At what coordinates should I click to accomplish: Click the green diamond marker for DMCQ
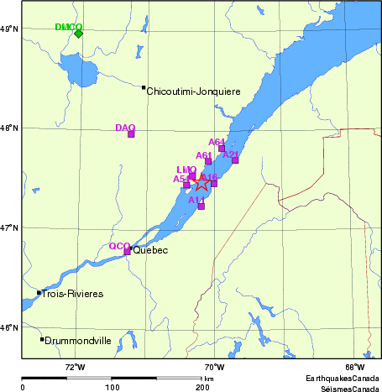(78, 34)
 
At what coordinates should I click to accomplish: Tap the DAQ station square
(131, 133)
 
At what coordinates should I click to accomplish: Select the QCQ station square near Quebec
(128, 251)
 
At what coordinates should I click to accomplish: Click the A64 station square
(222, 149)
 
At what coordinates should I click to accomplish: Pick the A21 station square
(235, 160)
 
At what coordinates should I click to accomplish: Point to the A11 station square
(201, 206)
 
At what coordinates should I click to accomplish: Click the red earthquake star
(201, 183)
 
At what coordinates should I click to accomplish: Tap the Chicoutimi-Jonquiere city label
(194, 91)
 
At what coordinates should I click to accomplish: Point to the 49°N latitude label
(9, 29)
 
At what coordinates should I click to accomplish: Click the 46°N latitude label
(9, 327)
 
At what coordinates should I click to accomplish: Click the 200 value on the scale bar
(202, 387)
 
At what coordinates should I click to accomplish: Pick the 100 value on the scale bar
(112, 387)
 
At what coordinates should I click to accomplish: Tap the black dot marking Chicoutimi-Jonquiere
(144, 87)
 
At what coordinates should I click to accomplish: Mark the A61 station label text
(203, 155)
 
